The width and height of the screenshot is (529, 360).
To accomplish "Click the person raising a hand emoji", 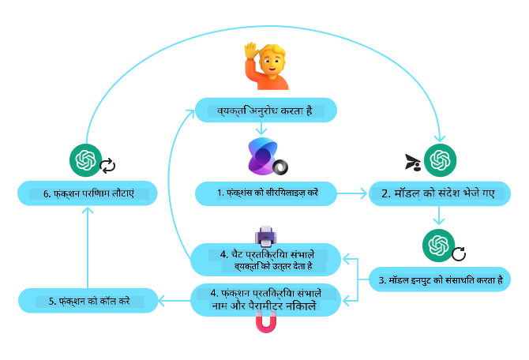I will click(264, 66).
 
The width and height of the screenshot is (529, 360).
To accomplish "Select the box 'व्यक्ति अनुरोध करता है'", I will click(266, 111).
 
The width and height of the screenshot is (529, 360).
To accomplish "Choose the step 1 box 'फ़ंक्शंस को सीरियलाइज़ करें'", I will click(267, 193).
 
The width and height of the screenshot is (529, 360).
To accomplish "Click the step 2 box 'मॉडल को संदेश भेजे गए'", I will click(438, 193).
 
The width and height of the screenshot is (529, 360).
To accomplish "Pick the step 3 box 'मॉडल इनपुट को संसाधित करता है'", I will click(439, 279).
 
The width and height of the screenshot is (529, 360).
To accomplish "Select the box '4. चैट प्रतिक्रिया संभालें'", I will click(266, 260).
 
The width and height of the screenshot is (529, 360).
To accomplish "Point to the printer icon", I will click(265, 234).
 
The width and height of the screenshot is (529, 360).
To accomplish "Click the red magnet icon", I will click(265, 324).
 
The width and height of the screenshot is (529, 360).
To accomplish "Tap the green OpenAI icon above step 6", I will click(84, 160).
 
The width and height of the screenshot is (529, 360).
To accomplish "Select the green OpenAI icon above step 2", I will click(438, 160).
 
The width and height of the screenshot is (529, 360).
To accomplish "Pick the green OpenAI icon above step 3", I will click(436, 244).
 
